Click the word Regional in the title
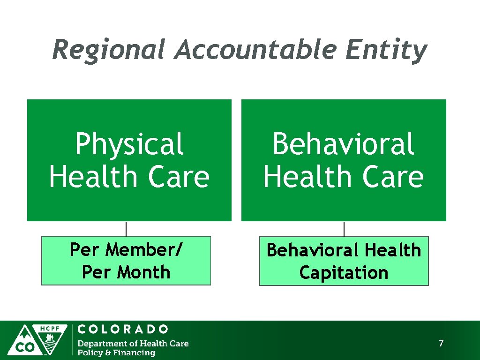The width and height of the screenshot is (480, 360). [109, 50]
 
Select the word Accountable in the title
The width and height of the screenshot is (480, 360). [255, 50]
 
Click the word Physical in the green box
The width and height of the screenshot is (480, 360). [129, 144]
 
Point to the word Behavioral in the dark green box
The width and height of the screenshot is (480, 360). [343, 144]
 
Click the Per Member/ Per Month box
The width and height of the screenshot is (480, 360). [126, 261]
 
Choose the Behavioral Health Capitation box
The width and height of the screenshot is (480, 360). [344, 261]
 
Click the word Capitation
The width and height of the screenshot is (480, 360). [344, 272]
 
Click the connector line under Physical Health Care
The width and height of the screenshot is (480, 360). [126, 229]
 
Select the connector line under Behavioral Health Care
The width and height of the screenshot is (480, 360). [344, 229]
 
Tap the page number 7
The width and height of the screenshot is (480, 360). [441, 344]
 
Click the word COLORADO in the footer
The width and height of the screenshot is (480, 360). [123, 330]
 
